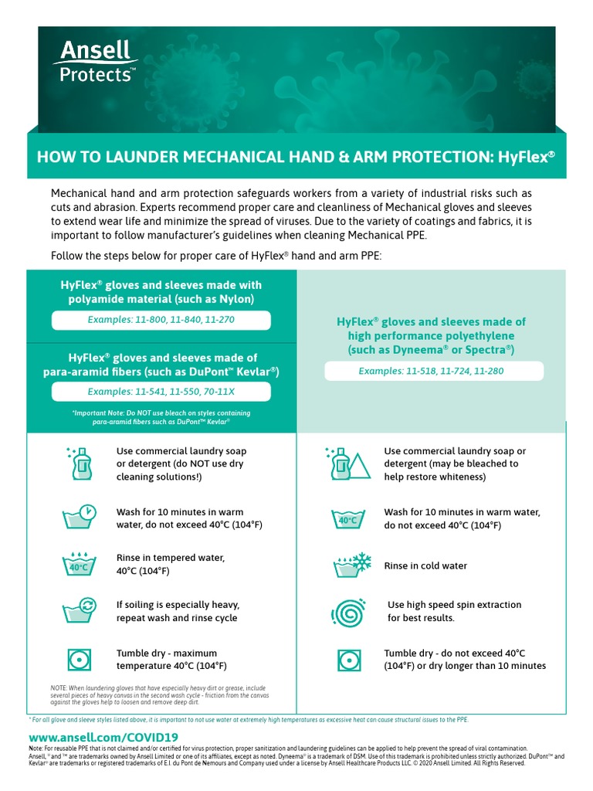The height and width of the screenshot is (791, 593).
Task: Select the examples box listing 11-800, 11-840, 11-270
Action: click(161, 320)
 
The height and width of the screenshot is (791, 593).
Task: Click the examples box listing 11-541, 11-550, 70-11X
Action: click(161, 392)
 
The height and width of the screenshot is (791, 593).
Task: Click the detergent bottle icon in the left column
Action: click(80, 463)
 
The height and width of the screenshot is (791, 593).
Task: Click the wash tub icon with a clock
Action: click(80, 518)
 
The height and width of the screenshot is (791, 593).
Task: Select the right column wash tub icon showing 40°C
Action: click(347, 519)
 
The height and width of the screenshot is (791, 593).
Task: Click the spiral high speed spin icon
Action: click(347, 612)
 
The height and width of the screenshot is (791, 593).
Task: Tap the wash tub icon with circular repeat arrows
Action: click(80, 610)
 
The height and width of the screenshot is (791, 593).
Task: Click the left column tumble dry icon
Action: click(79, 659)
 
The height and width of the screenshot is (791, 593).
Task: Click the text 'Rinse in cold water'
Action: click(425, 566)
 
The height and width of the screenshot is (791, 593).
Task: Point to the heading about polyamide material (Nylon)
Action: click(161, 292)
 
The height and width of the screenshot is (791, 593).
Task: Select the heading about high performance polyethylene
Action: click(431, 336)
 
